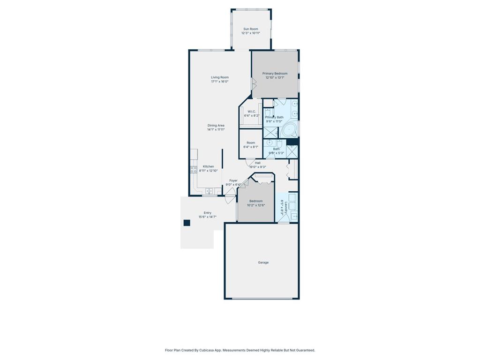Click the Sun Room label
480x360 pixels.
tap(251, 29)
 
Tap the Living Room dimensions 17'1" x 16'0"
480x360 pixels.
tap(219, 82)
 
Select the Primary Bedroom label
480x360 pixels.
tap(275, 74)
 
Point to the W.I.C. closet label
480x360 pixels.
tap(251, 112)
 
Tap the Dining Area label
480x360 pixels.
tap(216, 125)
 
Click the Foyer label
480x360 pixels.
tap(233, 180)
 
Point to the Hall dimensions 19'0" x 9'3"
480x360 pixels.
tap(257, 167)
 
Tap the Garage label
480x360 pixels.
tap(263, 262)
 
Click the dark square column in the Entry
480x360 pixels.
tap(187, 223)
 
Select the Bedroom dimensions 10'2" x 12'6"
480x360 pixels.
tap(256, 205)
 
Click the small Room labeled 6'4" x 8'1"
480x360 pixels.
tap(251, 144)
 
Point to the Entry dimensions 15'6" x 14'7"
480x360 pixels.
tap(207, 217)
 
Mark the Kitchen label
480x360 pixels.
tap(208, 166)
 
